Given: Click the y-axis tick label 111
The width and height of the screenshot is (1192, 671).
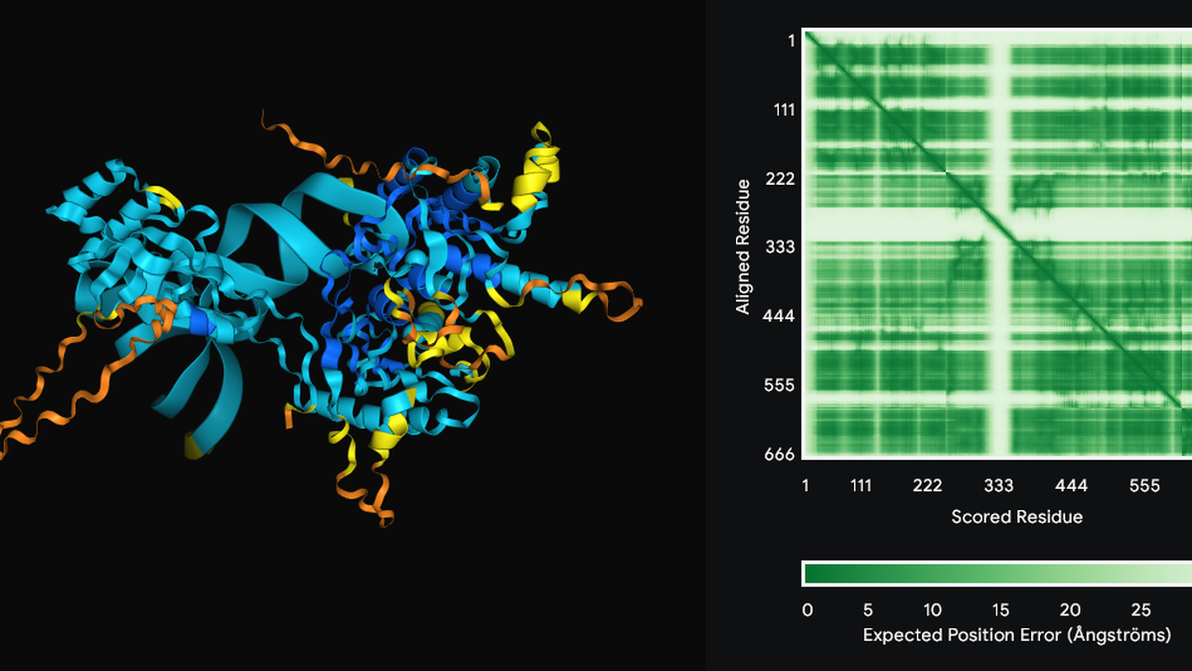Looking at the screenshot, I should (x=783, y=109).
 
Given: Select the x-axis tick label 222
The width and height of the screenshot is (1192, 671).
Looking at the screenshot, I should (x=928, y=486).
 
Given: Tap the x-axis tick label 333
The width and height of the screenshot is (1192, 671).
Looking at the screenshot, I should (x=999, y=486).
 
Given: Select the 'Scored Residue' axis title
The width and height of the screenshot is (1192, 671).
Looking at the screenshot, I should (x=1016, y=517).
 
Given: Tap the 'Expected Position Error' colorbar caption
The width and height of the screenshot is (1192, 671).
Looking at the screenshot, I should (x=1016, y=634).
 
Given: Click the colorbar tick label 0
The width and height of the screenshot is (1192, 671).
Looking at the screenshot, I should (x=807, y=609).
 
